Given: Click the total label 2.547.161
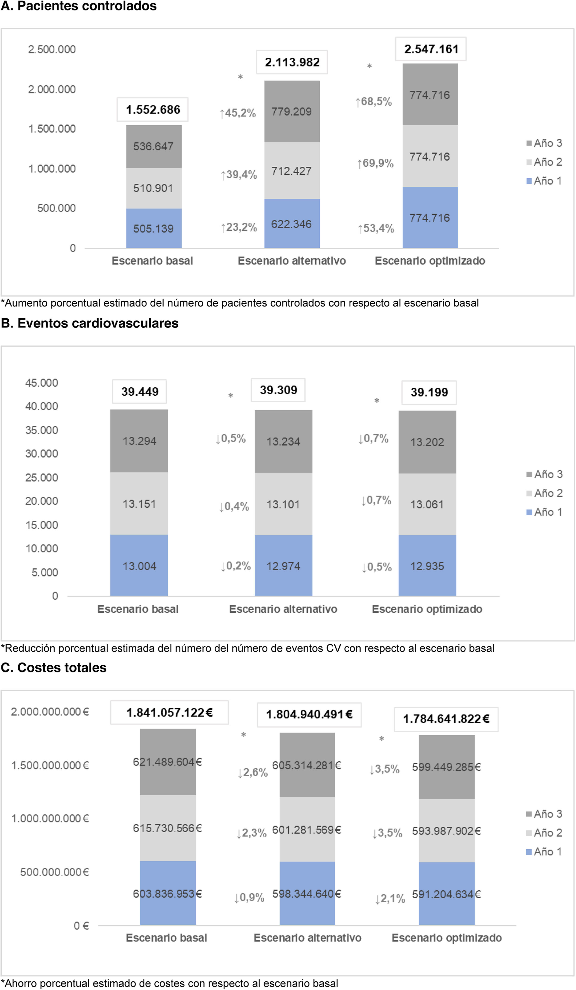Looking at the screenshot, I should [x=431, y=49].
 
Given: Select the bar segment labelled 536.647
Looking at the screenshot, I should [x=154, y=146].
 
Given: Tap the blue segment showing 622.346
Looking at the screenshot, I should [x=292, y=224].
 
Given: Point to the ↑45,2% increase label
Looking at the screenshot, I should [x=238, y=113].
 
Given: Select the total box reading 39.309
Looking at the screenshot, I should [x=278, y=390].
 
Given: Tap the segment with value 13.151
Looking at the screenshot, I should [x=139, y=504].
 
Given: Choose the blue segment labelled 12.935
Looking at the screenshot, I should [x=427, y=566].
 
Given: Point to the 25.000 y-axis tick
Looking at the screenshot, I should [x=42, y=478].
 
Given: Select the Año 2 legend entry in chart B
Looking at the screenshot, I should [x=545, y=493].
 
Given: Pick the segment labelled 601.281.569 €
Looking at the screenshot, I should [x=307, y=830].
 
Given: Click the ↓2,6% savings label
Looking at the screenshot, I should [x=253, y=772].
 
